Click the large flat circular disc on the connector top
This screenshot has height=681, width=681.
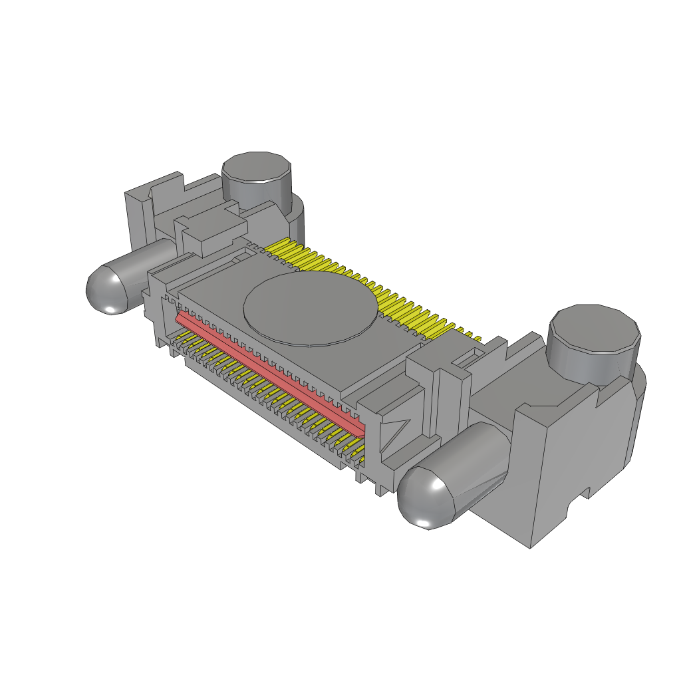click(311, 307)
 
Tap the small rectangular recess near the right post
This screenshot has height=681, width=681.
click(468, 360)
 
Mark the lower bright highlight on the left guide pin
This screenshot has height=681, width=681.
click(110, 309)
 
